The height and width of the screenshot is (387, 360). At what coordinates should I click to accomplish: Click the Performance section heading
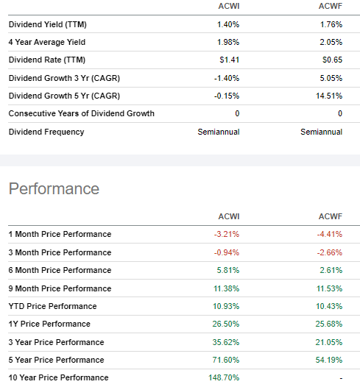54,189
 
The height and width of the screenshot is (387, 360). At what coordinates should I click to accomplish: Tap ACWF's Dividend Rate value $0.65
331,60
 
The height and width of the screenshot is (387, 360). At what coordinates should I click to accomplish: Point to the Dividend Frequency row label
46,132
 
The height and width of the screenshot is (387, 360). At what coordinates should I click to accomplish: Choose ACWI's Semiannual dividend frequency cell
219,132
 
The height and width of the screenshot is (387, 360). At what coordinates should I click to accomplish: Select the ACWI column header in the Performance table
228,216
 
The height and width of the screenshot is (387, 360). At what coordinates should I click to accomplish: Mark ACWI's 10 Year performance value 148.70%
225,378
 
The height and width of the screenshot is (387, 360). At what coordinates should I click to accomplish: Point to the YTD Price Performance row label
52,306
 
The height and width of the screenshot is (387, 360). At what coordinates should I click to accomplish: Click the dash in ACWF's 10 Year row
340,378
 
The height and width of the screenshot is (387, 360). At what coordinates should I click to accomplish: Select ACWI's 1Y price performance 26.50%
227,324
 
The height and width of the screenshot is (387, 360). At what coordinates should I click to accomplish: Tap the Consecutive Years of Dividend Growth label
81,114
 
